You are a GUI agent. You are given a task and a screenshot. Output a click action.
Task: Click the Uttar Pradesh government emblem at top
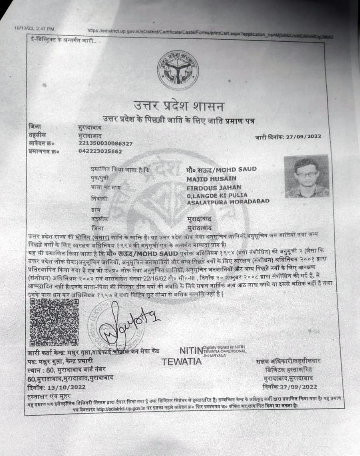(x=178, y=71)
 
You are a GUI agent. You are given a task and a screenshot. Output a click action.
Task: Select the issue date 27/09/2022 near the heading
(x=304, y=137)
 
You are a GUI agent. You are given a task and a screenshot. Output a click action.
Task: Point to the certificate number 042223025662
(x=100, y=151)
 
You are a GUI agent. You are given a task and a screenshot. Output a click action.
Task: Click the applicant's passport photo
(x=306, y=176)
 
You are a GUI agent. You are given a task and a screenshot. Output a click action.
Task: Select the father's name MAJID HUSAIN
(x=211, y=178)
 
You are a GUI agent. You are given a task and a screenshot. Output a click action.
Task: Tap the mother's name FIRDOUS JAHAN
(x=214, y=187)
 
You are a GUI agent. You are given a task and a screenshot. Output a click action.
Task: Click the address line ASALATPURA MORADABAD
(x=228, y=201)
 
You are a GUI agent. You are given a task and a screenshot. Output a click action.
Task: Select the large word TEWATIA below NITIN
(x=181, y=361)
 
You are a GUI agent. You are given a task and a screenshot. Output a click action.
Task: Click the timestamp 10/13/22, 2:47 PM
(x=34, y=28)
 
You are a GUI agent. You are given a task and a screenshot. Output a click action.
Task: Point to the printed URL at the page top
(x=210, y=33)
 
